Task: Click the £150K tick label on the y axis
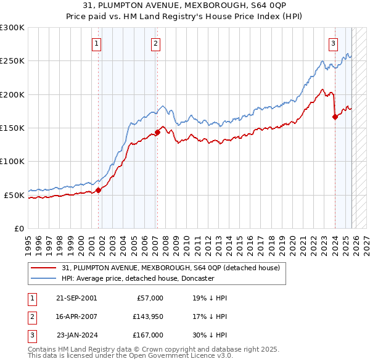[12, 128]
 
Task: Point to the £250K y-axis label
[12, 61]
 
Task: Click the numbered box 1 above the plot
[97, 43]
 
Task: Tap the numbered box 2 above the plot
[155, 43]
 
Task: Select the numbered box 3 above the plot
[333, 43]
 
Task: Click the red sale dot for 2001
[98, 190]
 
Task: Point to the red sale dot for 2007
[157, 132]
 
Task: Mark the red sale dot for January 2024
[335, 117]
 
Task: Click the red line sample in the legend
[44, 268]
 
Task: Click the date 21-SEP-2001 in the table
[76, 297]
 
